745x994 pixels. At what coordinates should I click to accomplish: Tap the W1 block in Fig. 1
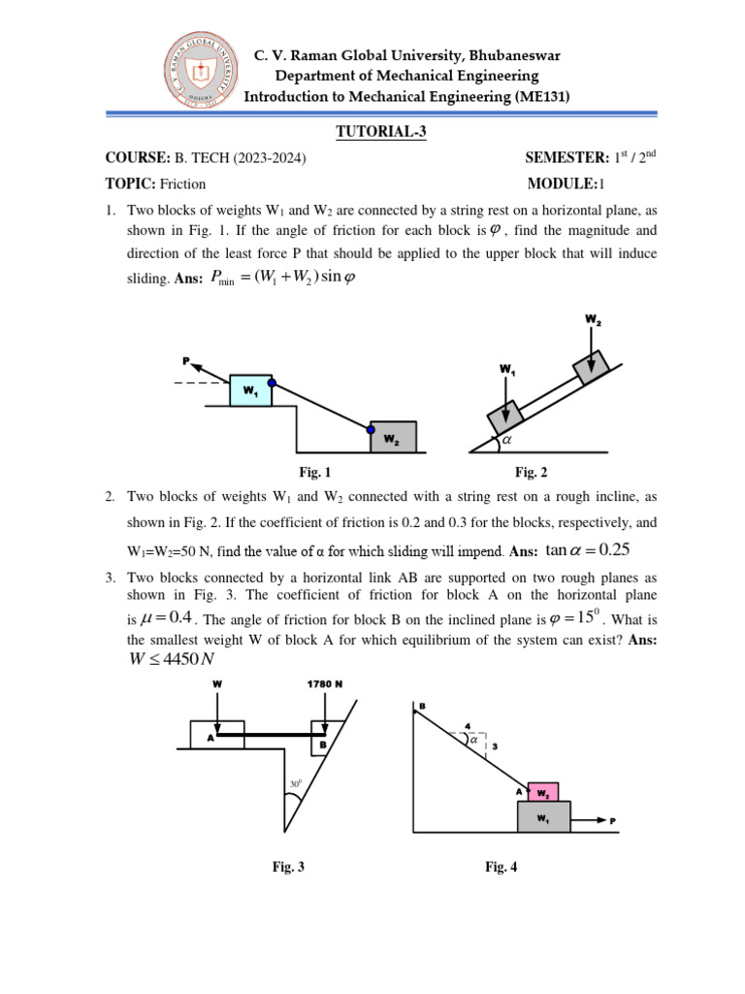tap(250, 391)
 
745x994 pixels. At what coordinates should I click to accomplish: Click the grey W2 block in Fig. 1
tap(393, 438)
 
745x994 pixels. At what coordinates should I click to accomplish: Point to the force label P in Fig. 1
tap(184, 361)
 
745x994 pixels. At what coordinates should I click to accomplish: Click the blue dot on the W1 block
tap(273, 382)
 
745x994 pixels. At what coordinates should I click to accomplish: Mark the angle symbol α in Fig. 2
tap(504, 441)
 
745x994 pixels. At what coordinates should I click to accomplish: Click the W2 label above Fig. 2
tap(593, 319)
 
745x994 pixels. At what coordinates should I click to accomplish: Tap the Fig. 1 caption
tap(315, 473)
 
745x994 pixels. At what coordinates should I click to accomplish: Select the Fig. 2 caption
tap(531, 473)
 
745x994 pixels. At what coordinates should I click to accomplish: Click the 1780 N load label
tap(325, 683)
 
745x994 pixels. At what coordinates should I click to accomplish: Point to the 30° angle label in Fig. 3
tap(295, 785)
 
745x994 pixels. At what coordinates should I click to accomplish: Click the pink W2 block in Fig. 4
tap(543, 792)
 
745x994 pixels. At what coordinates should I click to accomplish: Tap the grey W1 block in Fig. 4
tap(543, 818)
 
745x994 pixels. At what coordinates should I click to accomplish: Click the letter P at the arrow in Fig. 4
tap(613, 822)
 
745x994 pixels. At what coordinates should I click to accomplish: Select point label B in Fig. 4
tap(421, 705)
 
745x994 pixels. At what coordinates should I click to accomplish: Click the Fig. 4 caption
tap(502, 868)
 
